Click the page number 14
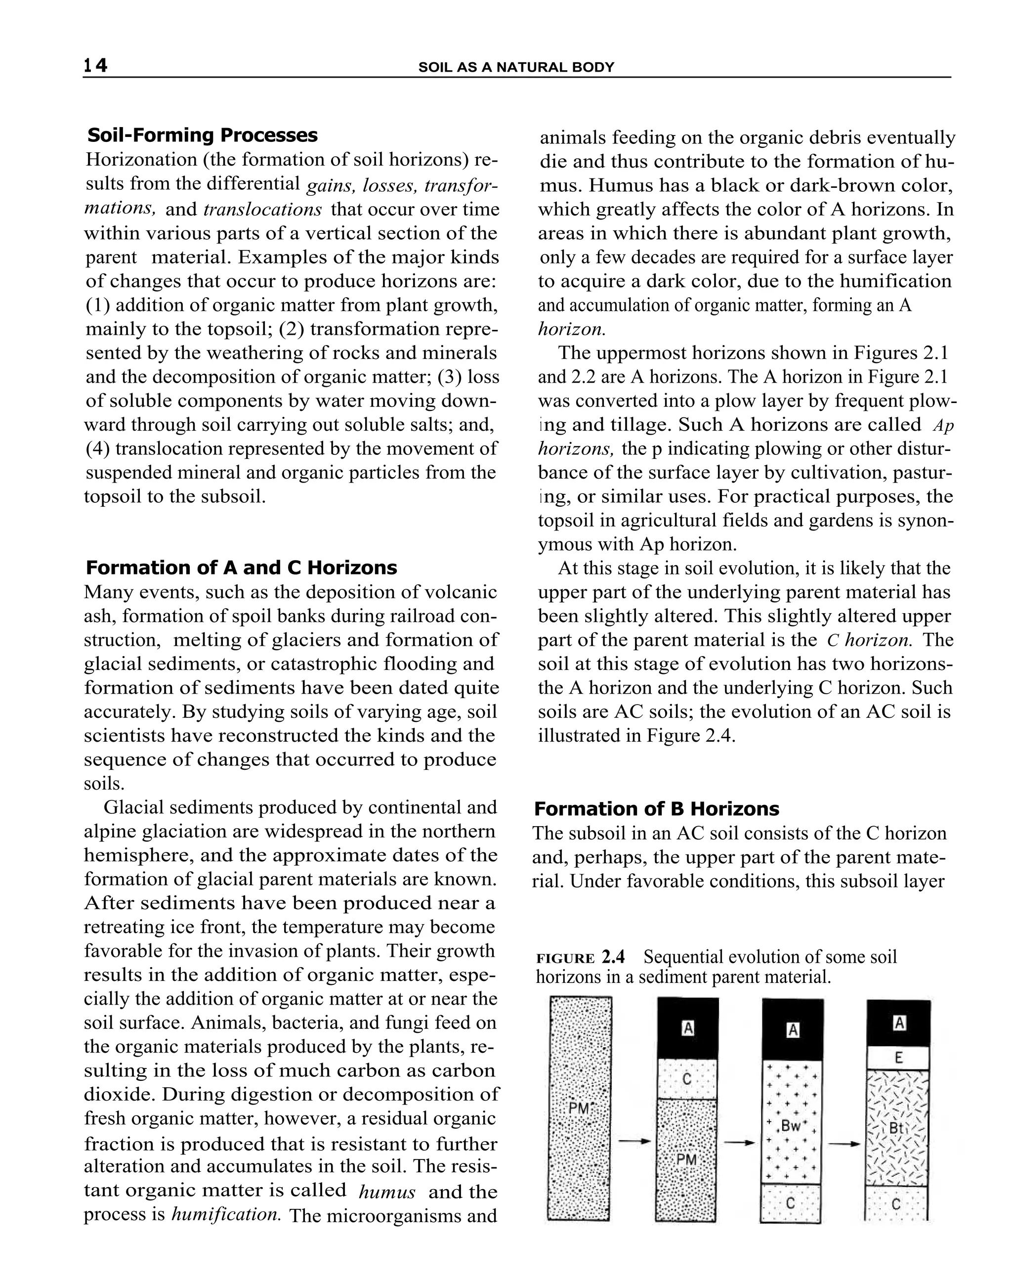tap(95, 65)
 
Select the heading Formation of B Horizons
tap(657, 809)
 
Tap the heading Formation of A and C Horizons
tap(241, 568)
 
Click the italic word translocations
tap(262, 210)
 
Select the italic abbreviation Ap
tap(943, 426)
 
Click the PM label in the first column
tap(578, 1107)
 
